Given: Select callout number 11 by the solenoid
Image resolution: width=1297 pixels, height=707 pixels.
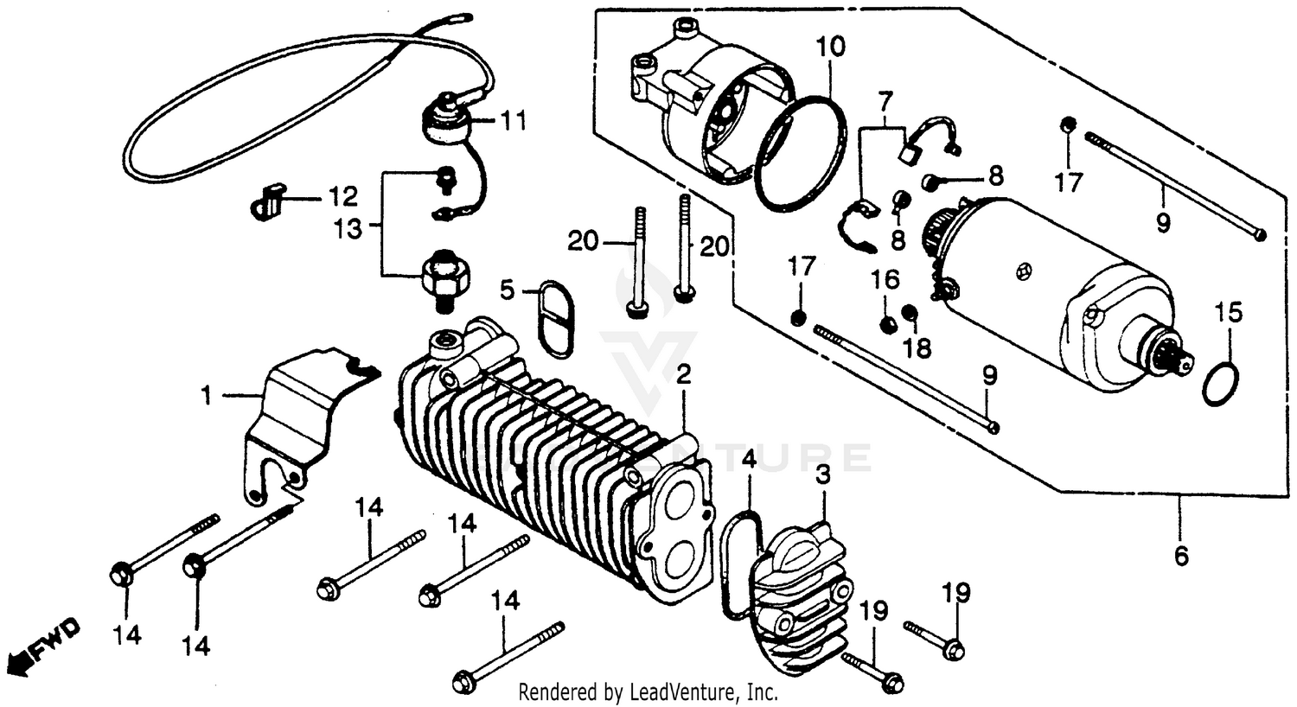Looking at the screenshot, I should (514, 120).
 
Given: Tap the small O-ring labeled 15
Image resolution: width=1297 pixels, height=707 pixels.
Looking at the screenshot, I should (1221, 383).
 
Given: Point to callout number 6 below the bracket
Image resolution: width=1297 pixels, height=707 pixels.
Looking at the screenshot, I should (1181, 555).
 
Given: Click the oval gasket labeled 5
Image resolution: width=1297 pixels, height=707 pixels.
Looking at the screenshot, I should (553, 316).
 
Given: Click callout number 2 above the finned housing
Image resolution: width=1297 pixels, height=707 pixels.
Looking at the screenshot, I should (684, 375).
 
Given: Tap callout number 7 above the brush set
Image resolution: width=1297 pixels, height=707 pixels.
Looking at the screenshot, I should (883, 102).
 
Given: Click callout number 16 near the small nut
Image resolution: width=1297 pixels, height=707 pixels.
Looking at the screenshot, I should (885, 280).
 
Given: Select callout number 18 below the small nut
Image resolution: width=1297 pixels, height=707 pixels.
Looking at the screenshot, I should (917, 347).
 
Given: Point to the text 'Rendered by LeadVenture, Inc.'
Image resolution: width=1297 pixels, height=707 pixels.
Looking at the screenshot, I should (648, 692).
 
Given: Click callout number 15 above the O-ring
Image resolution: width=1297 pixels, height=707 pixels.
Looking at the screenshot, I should (1229, 311).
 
